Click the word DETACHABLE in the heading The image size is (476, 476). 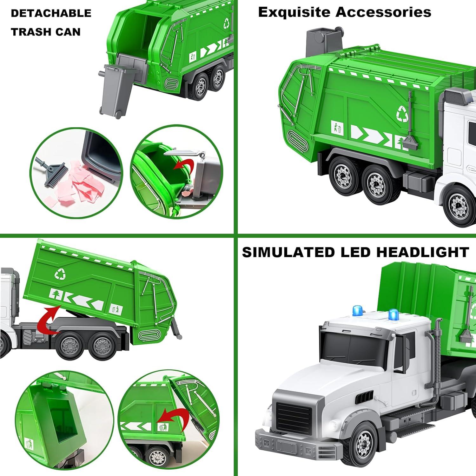pos(51,13)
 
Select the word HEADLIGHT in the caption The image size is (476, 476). pos(423,252)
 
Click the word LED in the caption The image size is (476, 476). pos(355,252)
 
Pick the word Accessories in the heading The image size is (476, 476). pos(383,12)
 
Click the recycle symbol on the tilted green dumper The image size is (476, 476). pos(59,274)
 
